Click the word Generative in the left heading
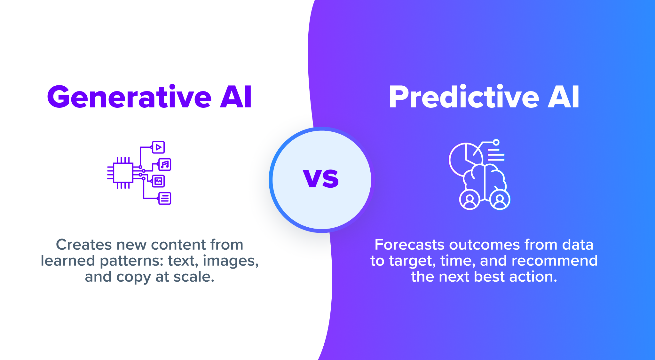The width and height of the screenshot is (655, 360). click(129, 97)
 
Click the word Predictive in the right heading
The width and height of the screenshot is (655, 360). click(464, 97)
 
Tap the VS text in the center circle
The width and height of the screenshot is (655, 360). click(321, 179)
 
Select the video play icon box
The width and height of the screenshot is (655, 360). click(158, 147)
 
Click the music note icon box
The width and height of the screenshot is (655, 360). click(165, 165)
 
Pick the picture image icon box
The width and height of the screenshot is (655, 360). click(158, 181)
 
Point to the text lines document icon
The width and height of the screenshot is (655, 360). click(165, 199)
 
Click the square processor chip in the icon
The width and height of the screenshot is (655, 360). click(123, 173)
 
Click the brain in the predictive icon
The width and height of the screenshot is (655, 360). click(485, 179)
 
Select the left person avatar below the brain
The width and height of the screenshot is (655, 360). click(470, 200)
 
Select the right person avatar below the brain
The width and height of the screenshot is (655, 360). click(500, 200)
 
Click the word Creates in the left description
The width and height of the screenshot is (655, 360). click(84, 245)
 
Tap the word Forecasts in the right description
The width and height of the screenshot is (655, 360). click(410, 245)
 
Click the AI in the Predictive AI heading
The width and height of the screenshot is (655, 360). click(563, 97)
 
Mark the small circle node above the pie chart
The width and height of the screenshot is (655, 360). click(496, 142)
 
